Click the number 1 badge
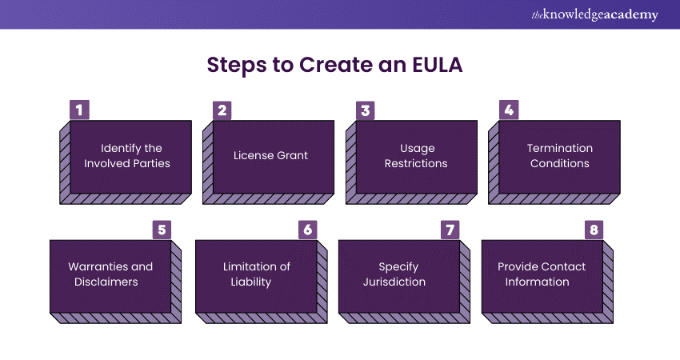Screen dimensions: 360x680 (x=79, y=110)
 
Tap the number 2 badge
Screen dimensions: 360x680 (x=222, y=110)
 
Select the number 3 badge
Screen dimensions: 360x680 (x=365, y=110)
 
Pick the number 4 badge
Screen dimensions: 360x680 (x=507, y=110)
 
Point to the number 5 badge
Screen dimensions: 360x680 (x=162, y=230)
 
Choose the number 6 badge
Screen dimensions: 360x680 (x=307, y=230)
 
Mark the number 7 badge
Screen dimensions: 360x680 (x=450, y=230)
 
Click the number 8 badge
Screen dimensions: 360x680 (x=593, y=230)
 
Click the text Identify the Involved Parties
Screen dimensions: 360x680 (x=130, y=156)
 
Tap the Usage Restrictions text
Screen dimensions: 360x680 (x=417, y=156)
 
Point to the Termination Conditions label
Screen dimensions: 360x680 (x=559, y=156)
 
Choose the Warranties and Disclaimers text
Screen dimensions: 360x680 (x=110, y=274)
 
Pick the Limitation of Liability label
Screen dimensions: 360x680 (x=256, y=274)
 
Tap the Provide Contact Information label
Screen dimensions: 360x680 (x=542, y=274)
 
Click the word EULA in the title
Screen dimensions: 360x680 (x=439, y=66)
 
